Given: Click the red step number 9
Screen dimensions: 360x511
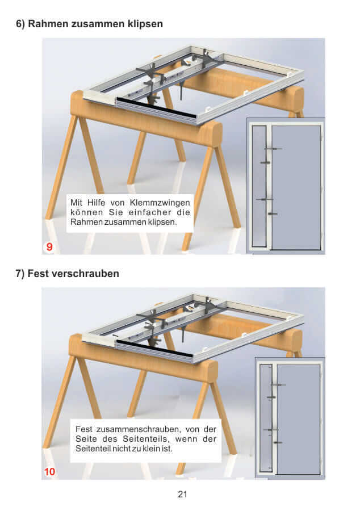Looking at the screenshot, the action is point(49,247).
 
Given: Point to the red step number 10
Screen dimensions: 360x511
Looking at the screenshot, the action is point(49,472).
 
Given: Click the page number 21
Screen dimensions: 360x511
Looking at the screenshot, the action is point(182,495).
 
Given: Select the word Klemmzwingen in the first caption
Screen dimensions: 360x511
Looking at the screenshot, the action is point(160,203).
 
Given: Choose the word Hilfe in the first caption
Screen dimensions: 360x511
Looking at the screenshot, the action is point(96,202).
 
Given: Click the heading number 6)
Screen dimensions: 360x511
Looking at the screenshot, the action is point(20,24).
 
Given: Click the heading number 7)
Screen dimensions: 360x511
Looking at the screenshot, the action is point(20,274).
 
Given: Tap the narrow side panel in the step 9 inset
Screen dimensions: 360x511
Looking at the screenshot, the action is point(259,186).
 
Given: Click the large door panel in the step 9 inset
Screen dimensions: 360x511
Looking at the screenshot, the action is point(296,187).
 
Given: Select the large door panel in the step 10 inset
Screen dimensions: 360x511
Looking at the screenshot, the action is point(298,419).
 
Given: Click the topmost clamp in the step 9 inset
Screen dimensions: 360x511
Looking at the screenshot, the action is point(273,149).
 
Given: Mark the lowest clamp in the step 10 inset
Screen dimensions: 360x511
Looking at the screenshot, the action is point(278,442).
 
